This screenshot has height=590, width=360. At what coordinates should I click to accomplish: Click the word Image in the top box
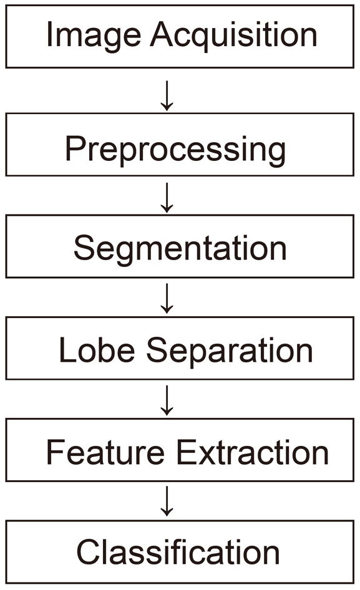pos(94,37)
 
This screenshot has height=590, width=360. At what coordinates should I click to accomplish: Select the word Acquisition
pos(233,37)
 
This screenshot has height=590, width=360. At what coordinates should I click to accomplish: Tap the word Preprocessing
pos(175,150)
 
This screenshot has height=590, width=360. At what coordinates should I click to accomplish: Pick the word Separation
pos(230,352)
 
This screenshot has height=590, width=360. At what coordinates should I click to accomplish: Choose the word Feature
pos(105,452)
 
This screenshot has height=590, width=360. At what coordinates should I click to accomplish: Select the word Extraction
pos(253,452)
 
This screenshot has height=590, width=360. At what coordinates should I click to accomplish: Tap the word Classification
pos(178,552)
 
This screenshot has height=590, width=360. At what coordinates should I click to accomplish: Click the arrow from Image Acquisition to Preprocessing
pos(167,95)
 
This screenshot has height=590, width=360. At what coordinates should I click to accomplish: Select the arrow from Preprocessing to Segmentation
pos(167,198)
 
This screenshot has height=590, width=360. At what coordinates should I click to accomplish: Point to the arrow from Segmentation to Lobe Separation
pos(167,299)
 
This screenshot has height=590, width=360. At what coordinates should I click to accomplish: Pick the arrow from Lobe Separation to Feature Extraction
pos(167,400)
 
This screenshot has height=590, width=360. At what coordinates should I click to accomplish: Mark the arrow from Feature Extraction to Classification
pos(167,501)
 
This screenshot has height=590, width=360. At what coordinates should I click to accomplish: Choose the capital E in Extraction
pos(187,452)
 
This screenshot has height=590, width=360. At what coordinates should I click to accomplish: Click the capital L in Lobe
pos(69,349)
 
